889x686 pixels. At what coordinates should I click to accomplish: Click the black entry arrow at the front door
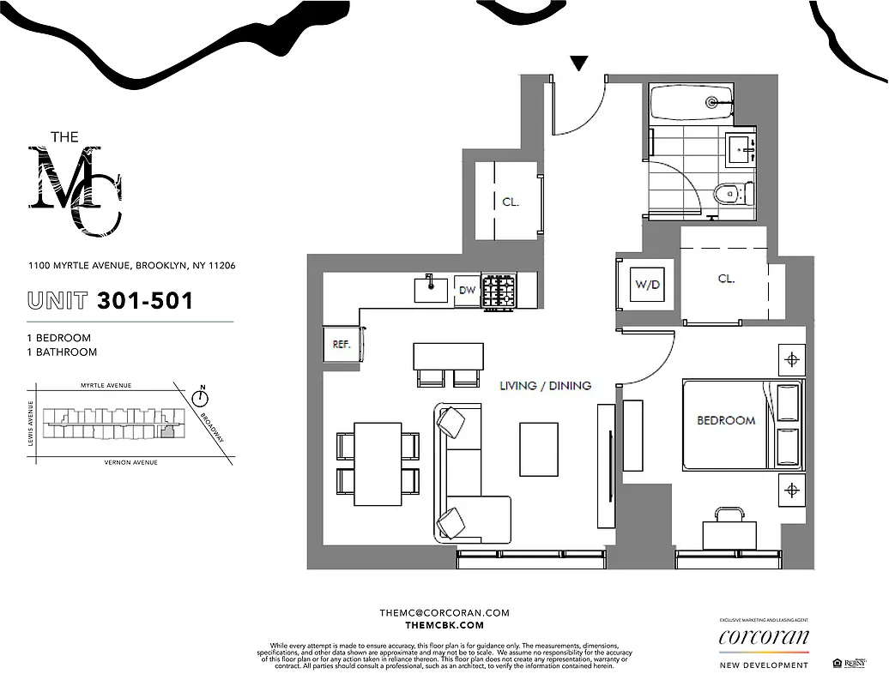click(579, 63)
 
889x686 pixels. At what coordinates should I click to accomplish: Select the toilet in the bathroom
click(729, 195)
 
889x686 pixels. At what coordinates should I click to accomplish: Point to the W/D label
click(647, 284)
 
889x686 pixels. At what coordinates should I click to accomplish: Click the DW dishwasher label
click(466, 289)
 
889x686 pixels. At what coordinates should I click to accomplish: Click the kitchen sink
click(432, 288)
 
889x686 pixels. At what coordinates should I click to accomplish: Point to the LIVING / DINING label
click(545, 386)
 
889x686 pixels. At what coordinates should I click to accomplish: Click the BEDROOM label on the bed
click(725, 420)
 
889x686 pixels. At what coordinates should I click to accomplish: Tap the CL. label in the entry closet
click(511, 202)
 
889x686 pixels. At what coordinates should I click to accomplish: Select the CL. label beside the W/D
click(726, 280)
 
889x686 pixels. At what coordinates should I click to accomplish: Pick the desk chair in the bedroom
click(729, 514)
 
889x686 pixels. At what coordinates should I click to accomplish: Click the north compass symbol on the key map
click(202, 398)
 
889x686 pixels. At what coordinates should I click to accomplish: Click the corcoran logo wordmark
click(763, 637)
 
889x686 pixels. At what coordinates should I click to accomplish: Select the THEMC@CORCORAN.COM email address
click(444, 613)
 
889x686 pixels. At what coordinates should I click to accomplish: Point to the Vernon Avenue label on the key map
click(130, 462)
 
